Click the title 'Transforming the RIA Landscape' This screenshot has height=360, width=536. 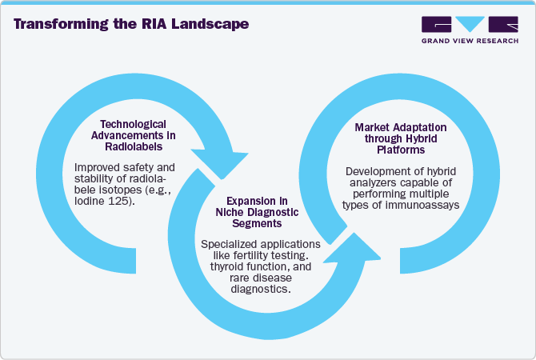tap(131, 24)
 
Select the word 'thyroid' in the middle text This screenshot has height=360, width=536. tap(226, 265)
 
